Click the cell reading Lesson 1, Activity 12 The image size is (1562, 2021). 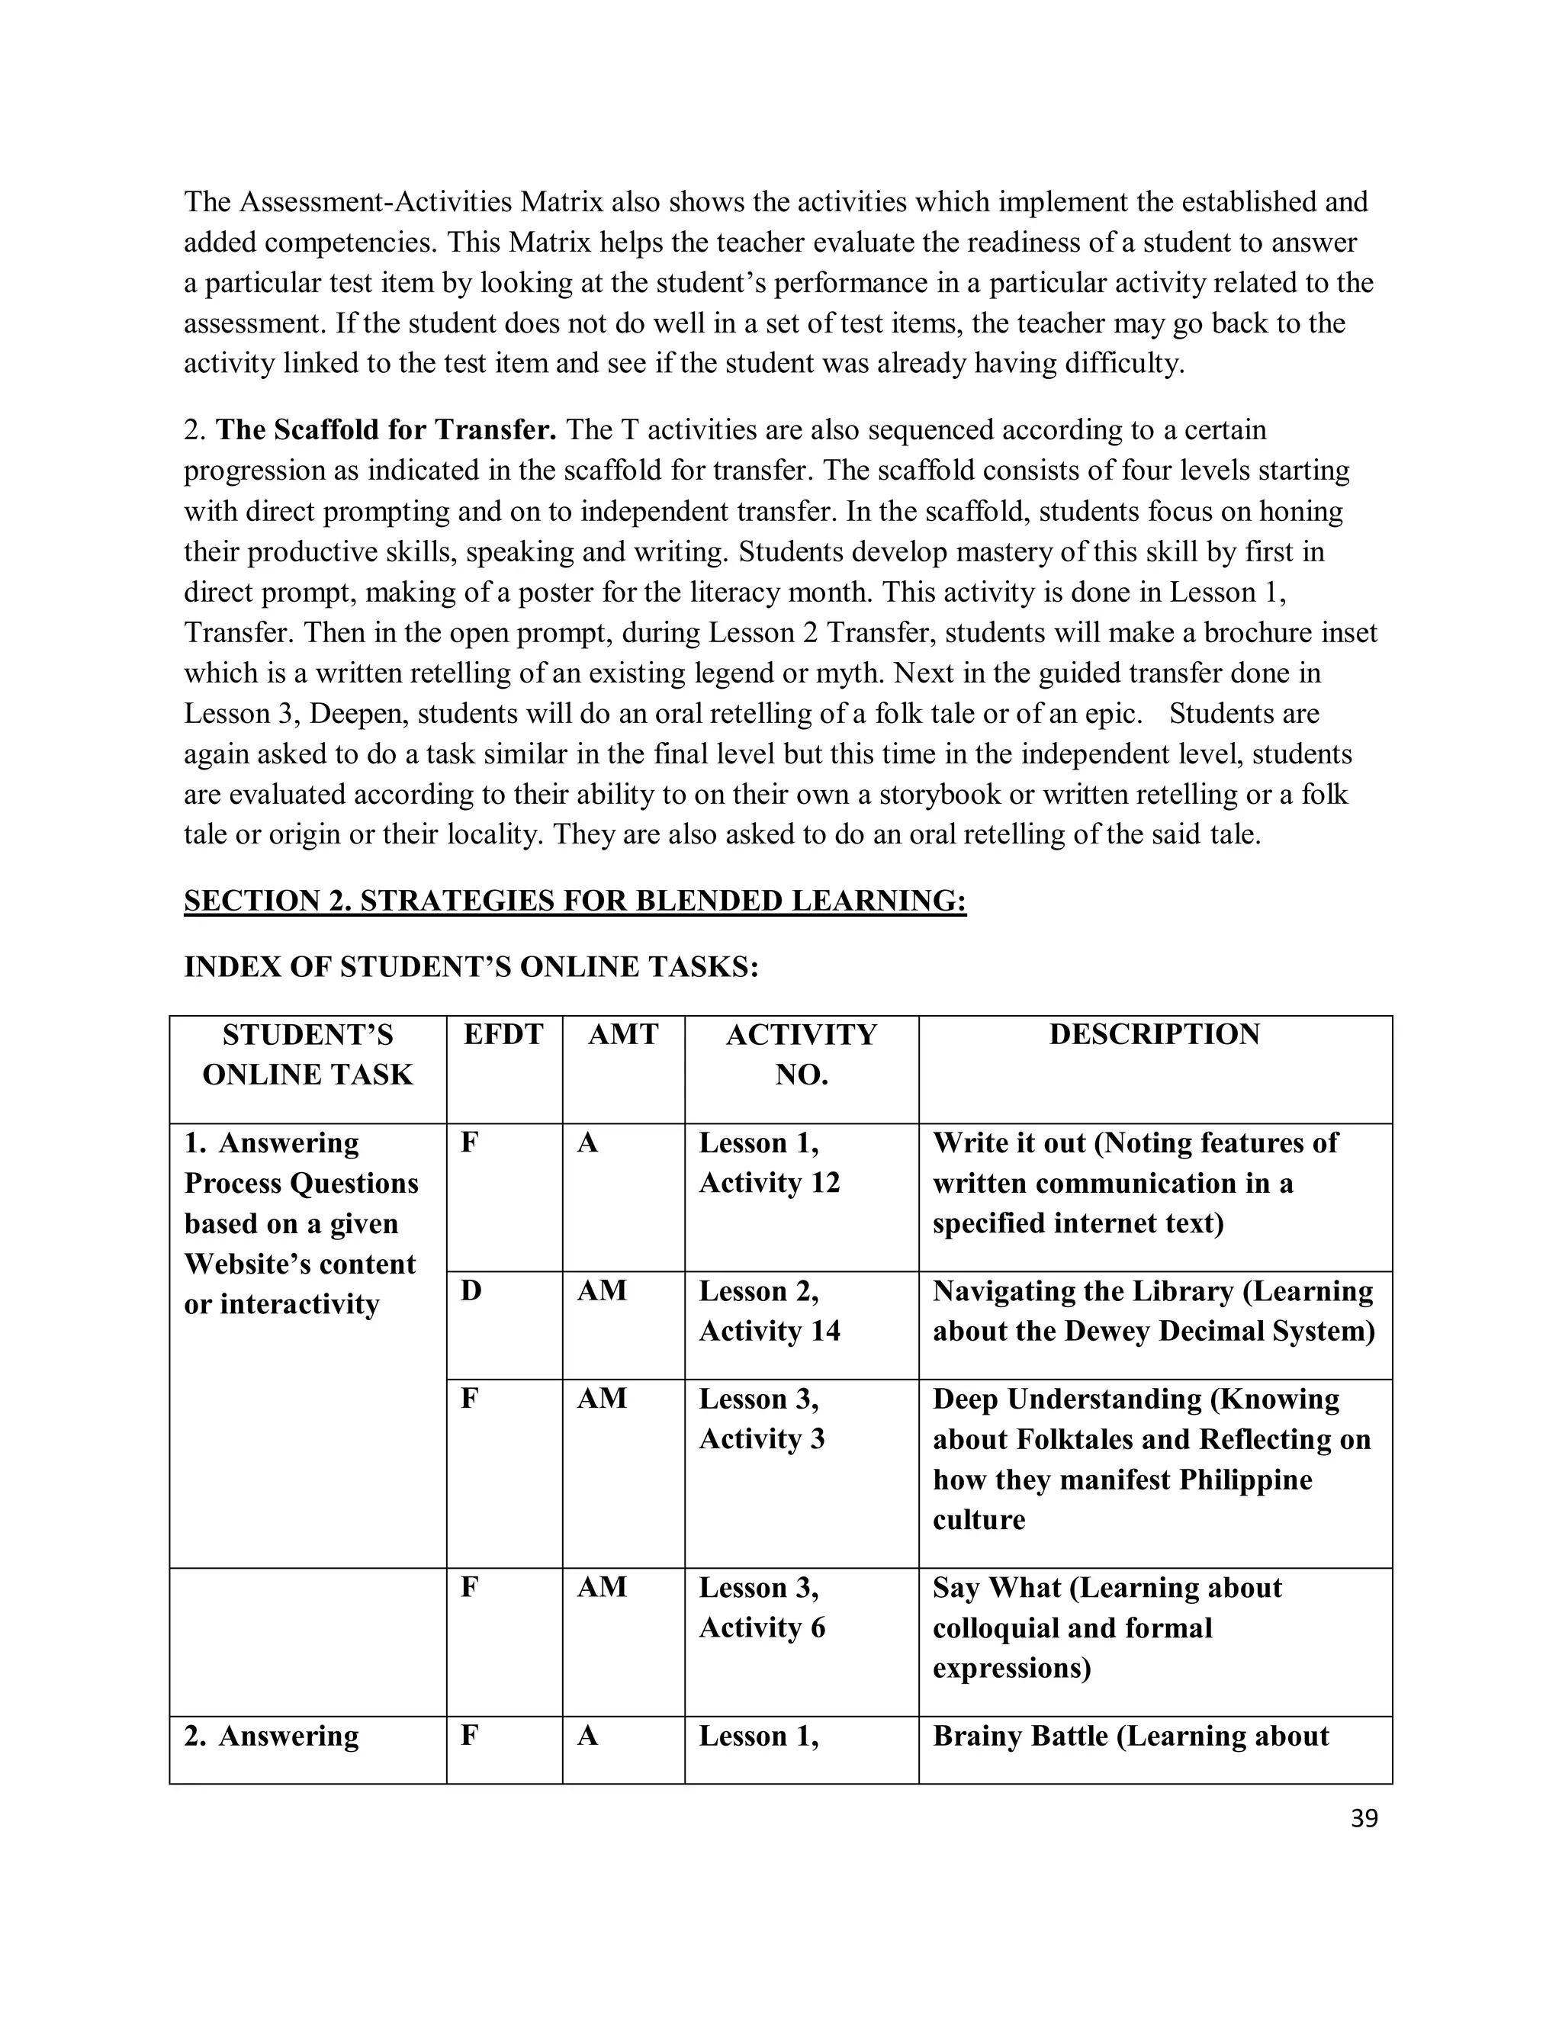click(x=769, y=1163)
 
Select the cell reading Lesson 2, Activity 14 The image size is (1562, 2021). click(x=769, y=1311)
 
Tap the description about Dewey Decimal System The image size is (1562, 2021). click(x=1153, y=1311)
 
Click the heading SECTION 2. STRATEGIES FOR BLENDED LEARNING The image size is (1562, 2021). click(x=574, y=901)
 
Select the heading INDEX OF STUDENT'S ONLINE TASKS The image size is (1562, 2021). click(x=471, y=967)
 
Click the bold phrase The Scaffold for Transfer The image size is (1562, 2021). click(x=386, y=430)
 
